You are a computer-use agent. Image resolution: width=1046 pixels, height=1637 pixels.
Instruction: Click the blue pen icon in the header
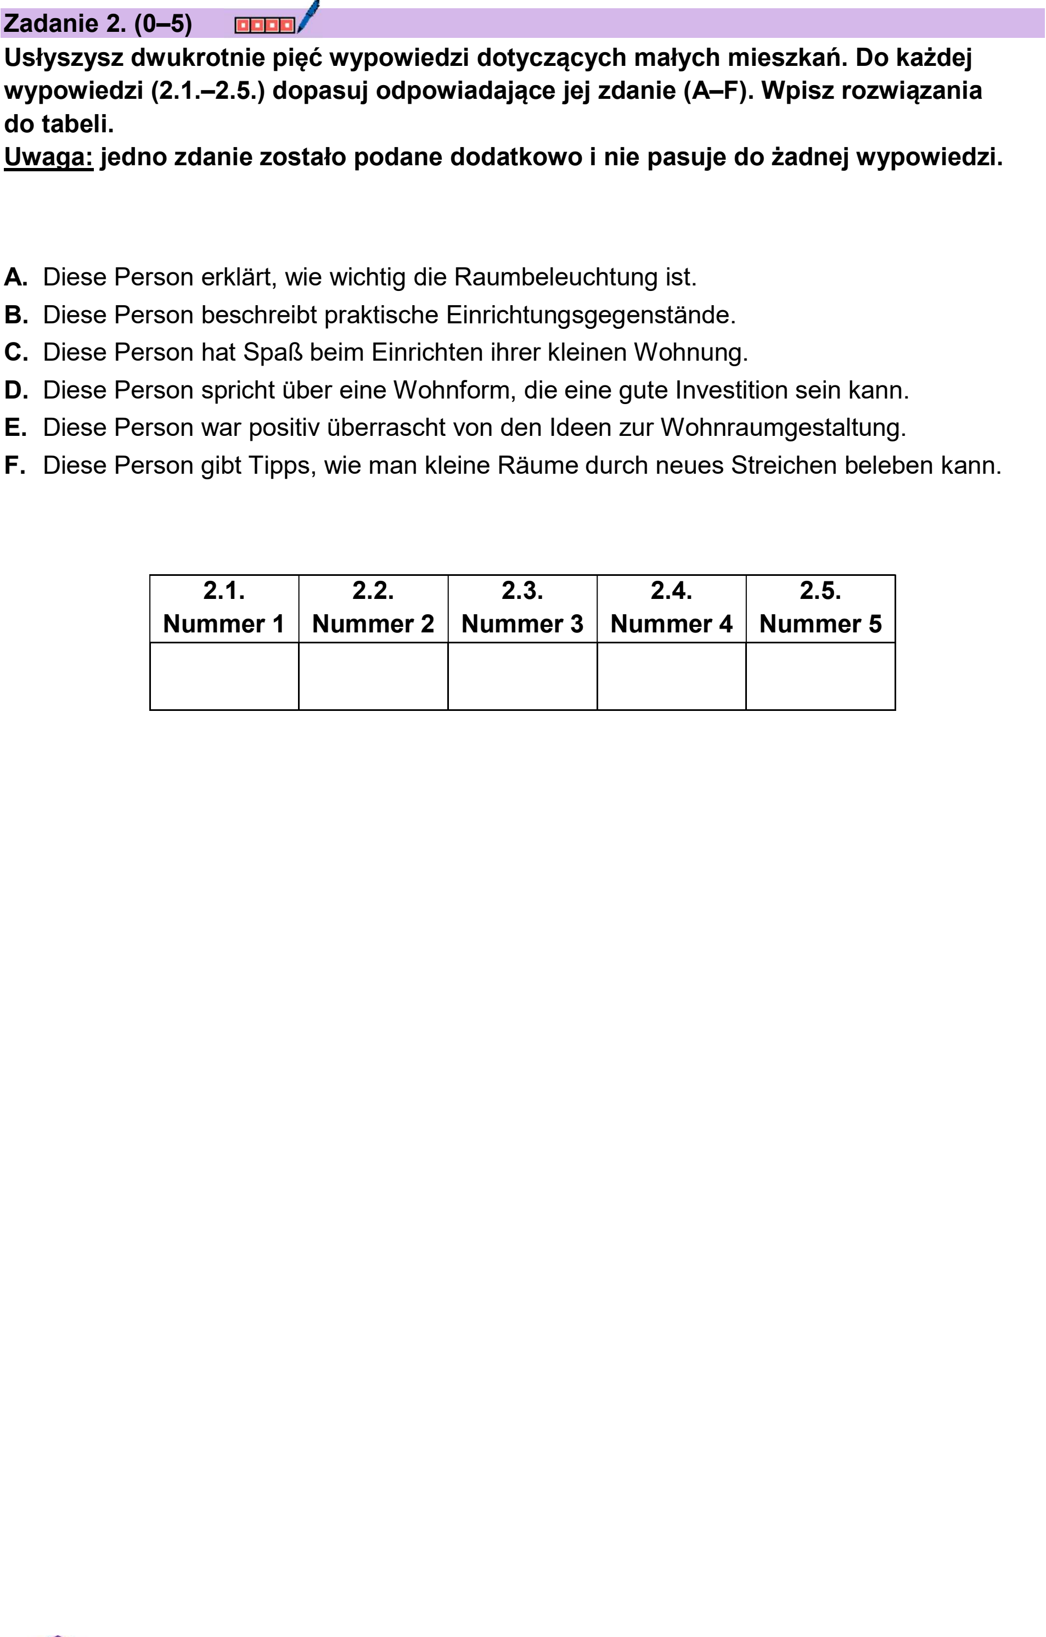tap(308, 16)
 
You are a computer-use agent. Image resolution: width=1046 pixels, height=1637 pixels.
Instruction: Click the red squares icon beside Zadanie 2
tap(265, 25)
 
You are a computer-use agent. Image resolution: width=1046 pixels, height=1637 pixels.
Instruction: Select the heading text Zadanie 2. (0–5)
tap(98, 24)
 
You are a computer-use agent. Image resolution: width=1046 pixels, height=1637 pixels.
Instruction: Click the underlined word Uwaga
tap(48, 157)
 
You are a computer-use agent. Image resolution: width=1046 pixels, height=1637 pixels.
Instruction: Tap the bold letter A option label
tap(15, 277)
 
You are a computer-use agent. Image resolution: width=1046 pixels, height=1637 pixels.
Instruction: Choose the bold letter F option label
tap(14, 466)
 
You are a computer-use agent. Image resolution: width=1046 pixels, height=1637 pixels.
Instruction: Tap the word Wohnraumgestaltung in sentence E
tap(783, 428)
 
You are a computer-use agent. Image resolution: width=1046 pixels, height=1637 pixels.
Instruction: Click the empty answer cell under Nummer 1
tap(224, 676)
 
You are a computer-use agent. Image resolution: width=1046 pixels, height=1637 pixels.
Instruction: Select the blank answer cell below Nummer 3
tap(522, 676)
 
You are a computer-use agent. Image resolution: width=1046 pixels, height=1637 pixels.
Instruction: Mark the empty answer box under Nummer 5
tap(820, 676)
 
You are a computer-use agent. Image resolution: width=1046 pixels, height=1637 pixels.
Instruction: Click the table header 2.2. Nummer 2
tap(373, 607)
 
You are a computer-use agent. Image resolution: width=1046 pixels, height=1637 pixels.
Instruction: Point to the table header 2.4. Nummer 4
tap(672, 607)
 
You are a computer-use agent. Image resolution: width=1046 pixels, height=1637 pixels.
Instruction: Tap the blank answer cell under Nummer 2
tap(373, 676)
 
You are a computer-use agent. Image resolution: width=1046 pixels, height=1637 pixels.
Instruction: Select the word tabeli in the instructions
tap(77, 124)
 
